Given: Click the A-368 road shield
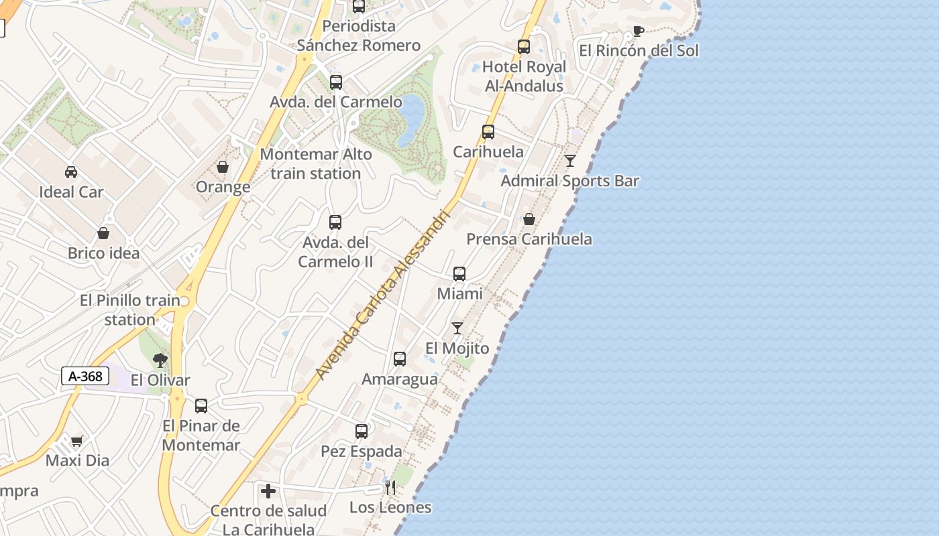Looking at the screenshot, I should click(x=85, y=376).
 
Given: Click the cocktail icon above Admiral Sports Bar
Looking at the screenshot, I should click(x=570, y=161).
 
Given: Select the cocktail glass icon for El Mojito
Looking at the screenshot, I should click(x=457, y=328).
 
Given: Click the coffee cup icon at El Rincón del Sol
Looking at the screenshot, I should click(x=638, y=31).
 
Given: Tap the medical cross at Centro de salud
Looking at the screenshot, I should click(x=268, y=491).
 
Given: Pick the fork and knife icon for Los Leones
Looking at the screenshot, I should click(x=390, y=488).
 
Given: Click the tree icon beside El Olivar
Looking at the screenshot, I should click(x=160, y=361).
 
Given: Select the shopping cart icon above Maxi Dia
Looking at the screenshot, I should click(x=76, y=441).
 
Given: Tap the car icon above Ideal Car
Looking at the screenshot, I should click(x=71, y=172).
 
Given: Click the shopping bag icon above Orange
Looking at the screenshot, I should click(x=223, y=167).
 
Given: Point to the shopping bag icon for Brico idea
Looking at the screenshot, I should click(x=103, y=233).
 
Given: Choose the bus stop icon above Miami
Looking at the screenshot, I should click(x=459, y=273).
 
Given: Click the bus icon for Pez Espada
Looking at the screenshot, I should click(x=362, y=431).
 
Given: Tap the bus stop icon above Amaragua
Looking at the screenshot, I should click(x=400, y=359).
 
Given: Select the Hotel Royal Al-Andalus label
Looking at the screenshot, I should click(x=524, y=76).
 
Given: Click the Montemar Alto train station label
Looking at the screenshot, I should click(x=315, y=164).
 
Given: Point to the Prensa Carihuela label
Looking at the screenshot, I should click(x=529, y=239).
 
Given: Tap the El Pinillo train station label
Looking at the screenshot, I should click(x=130, y=310).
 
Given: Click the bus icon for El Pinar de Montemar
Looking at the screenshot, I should click(x=201, y=405).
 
